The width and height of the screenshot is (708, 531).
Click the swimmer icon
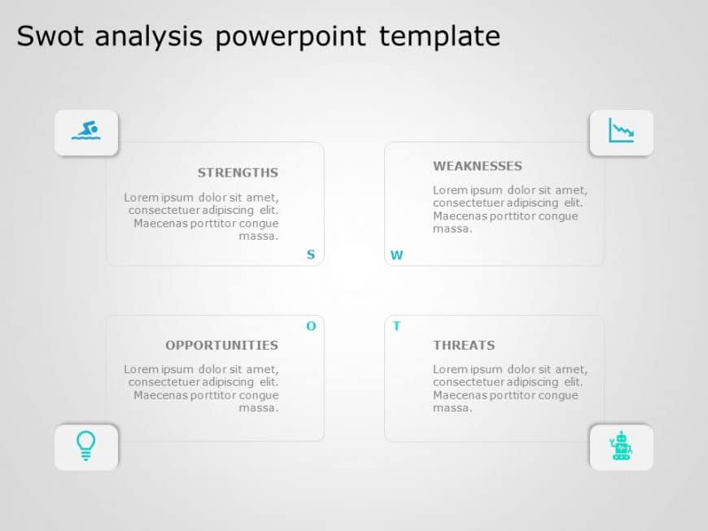point(85,131)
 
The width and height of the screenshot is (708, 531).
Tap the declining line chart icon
point(621,131)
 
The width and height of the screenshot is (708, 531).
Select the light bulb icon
point(85,446)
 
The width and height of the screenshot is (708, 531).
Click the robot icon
point(621,446)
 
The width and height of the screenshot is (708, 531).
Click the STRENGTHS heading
point(238,172)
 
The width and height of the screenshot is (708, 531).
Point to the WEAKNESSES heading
point(478,166)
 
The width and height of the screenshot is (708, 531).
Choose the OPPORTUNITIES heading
point(221,345)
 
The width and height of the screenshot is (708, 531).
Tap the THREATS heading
point(464,345)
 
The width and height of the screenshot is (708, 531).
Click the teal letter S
point(310,255)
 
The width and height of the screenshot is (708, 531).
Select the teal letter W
point(396,255)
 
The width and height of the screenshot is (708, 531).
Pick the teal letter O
point(311,326)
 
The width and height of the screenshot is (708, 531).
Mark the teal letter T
point(396,326)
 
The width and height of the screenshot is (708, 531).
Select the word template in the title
point(439,36)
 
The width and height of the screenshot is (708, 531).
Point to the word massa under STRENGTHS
point(259,236)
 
